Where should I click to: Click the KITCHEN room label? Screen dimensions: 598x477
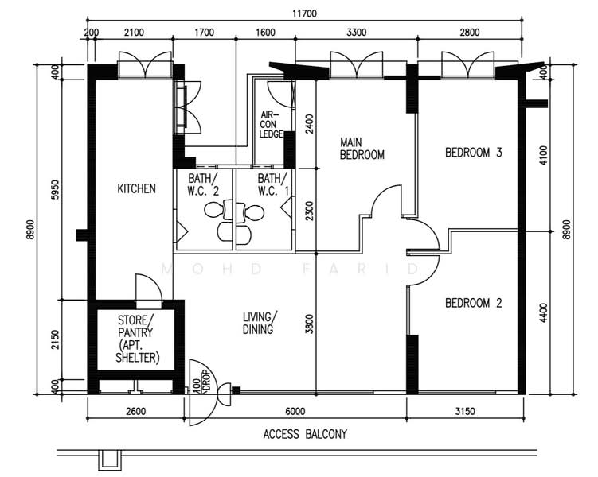(136, 188)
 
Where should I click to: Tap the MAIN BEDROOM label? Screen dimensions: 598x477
(362, 149)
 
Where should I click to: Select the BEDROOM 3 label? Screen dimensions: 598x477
(473, 153)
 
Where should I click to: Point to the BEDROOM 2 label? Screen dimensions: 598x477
(473, 303)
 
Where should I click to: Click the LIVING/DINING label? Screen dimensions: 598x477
(260, 323)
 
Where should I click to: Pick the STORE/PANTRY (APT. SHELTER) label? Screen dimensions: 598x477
(136, 339)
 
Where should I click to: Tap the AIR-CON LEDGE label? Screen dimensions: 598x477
(272, 124)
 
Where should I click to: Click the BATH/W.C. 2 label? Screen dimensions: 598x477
(203, 184)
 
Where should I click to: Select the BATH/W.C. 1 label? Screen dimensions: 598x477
(273, 184)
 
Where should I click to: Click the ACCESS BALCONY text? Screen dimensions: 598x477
(305, 434)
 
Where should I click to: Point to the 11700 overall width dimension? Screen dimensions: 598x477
(304, 14)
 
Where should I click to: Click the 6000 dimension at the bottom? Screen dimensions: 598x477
(295, 412)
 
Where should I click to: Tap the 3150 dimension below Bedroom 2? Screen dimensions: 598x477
(465, 412)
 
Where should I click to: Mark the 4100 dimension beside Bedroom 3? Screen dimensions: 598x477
(543, 155)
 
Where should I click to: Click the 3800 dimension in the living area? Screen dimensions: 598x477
(309, 324)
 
